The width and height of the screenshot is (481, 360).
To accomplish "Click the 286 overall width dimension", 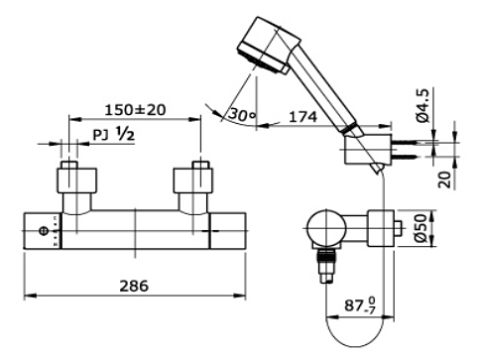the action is pyautogui.click(x=134, y=286).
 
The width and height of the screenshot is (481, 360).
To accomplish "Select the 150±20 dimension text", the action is pyautogui.click(x=135, y=110).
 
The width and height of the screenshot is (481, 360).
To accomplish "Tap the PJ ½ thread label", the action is pyautogui.click(x=114, y=134).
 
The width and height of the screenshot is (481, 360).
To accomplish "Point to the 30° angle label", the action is pyautogui.click(x=242, y=114).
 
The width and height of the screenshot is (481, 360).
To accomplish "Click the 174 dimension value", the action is pyautogui.click(x=302, y=117).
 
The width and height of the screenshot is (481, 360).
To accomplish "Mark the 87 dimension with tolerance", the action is pyautogui.click(x=360, y=304).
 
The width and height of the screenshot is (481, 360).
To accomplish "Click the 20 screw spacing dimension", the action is pyautogui.click(x=444, y=180).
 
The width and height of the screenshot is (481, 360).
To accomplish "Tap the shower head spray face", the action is pyautogui.click(x=261, y=60).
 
